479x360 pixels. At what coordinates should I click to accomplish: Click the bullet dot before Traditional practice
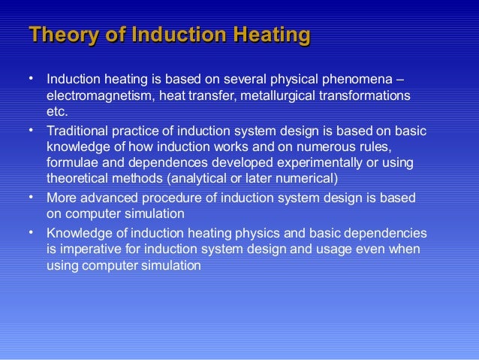31,130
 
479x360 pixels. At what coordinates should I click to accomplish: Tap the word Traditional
77,132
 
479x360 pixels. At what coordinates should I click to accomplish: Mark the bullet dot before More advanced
31,195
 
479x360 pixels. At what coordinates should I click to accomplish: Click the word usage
339,248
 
